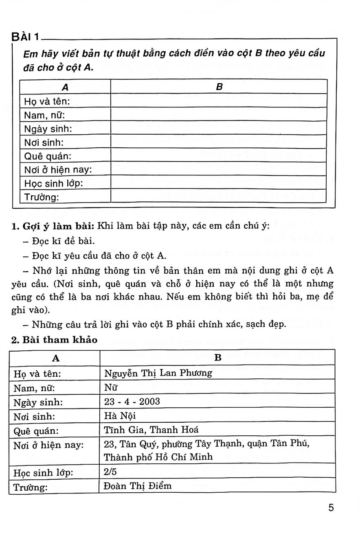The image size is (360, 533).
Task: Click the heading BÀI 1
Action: click(25, 37)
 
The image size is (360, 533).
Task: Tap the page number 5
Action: click(331, 508)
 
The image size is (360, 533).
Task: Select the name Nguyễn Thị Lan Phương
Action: click(158, 373)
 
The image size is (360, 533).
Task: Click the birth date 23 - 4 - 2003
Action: click(132, 402)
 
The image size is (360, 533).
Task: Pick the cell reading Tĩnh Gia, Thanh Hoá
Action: click(151, 430)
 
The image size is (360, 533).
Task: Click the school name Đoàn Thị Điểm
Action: click(138, 486)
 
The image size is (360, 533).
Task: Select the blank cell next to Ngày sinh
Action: click(219, 129)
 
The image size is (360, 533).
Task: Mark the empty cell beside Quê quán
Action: click(219, 156)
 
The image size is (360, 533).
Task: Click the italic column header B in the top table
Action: click(219, 87)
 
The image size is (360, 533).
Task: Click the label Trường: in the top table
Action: click(42, 197)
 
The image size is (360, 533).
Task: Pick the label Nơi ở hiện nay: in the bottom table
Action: click(48, 445)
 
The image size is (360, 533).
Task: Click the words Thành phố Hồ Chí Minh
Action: click(158, 457)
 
